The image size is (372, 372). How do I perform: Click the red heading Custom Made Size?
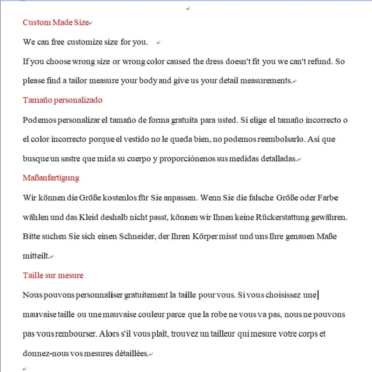coord(56,22)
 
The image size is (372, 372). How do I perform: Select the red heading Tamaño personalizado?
coord(62,100)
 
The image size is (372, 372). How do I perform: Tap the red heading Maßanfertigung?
coord(51,178)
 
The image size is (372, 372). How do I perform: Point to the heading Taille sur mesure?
coord(53,275)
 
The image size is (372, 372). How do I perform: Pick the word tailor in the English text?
coord(92,81)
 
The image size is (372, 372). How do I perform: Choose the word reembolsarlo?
coord(269,139)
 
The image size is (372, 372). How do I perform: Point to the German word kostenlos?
coord(104,198)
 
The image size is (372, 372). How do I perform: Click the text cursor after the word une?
coord(318,294)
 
